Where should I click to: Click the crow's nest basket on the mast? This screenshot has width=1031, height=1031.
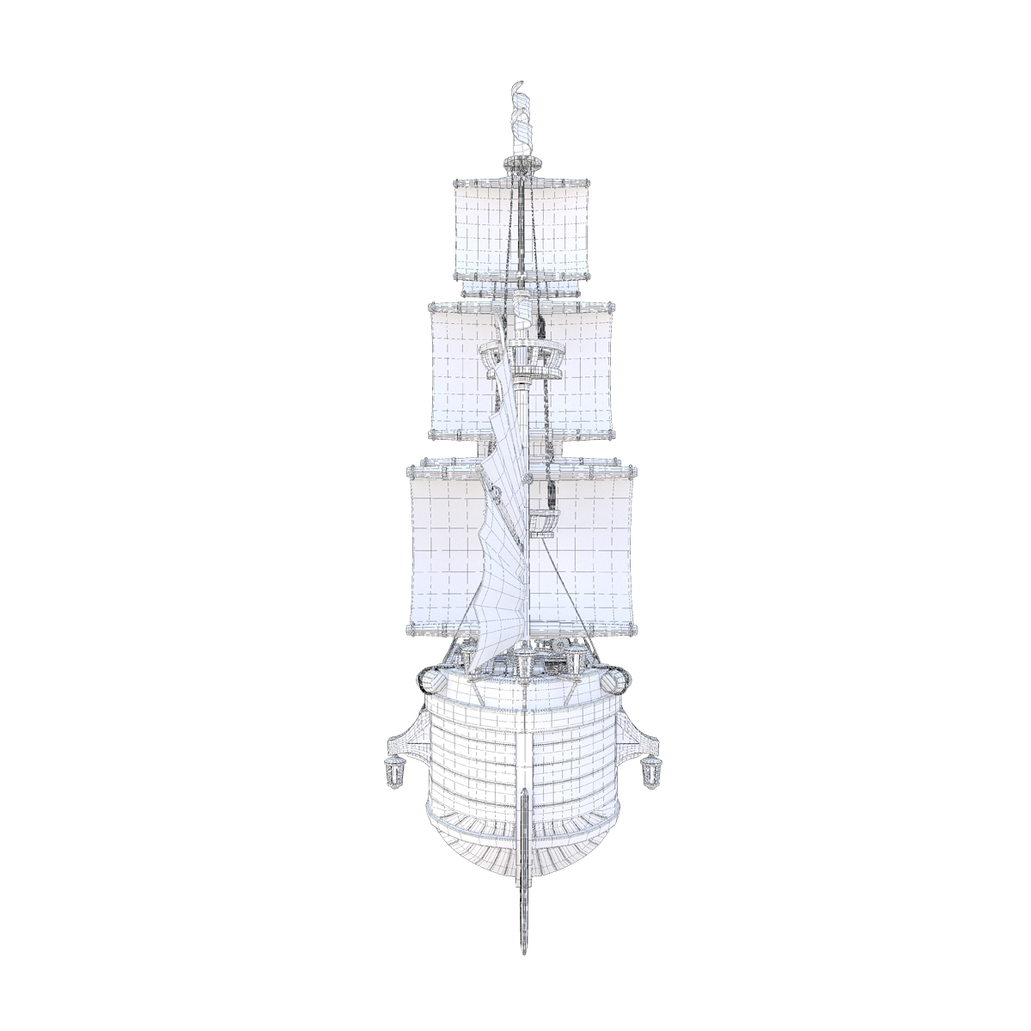pos(522,359)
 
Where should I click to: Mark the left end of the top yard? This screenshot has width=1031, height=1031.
pos(454,182)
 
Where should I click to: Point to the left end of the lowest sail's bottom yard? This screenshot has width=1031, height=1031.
pos(410,630)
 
